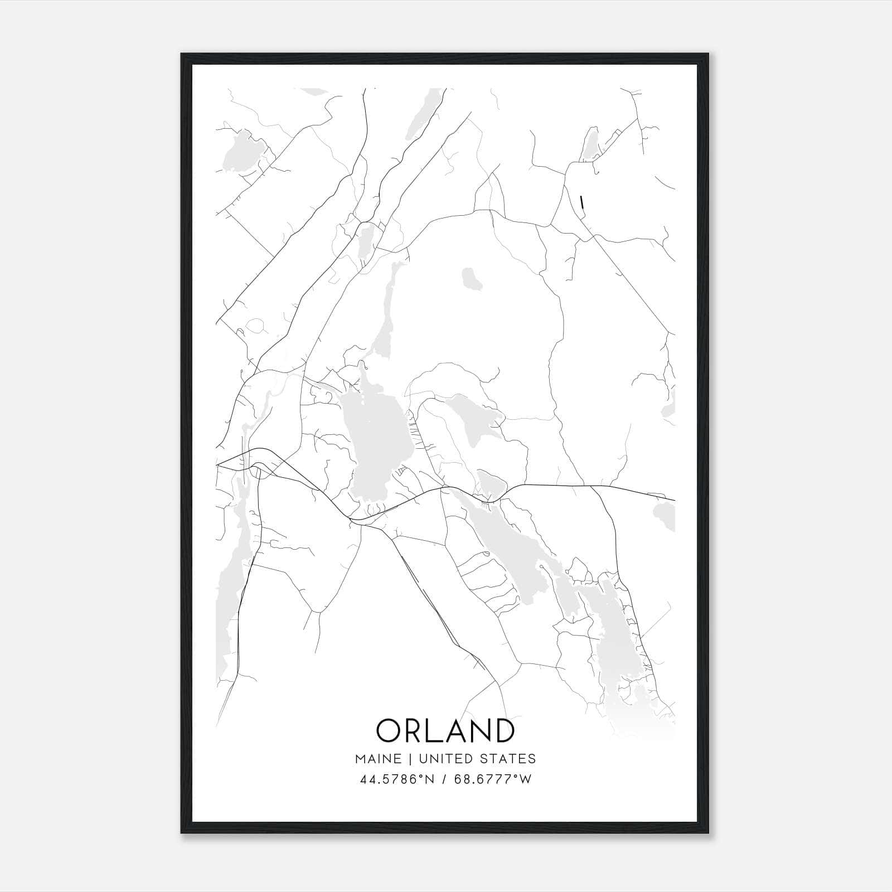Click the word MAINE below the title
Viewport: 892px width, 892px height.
click(x=377, y=759)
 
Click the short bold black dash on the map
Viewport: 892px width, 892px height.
click(x=582, y=202)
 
